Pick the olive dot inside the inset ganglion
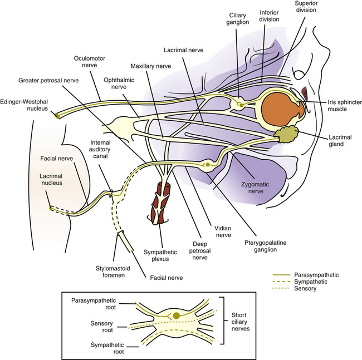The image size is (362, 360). tap(177, 316)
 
